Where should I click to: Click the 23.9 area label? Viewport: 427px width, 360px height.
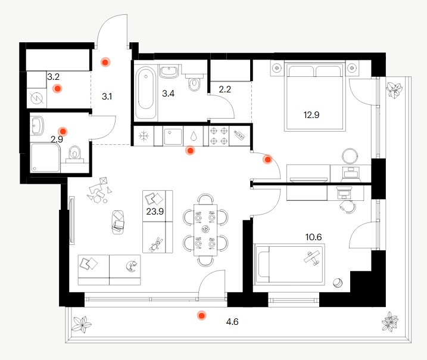point(155,211)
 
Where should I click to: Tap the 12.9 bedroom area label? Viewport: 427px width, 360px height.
point(311,114)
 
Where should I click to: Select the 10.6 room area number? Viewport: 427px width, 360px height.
point(313,237)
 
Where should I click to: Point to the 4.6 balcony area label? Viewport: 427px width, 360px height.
point(232,322)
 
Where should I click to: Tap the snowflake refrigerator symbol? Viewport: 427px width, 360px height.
point(144,135)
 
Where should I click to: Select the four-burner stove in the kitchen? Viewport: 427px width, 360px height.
point(219,136)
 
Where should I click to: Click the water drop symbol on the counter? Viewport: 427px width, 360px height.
point(193,135)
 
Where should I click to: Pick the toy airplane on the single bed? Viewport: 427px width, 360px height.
point(312,258)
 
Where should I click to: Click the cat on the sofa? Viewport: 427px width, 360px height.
point(132,266)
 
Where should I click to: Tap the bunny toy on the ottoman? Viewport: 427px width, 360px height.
point(155,244)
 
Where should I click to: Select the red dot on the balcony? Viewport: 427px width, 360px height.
point(201,315)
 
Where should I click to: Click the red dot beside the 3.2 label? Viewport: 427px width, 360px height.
point(57,89)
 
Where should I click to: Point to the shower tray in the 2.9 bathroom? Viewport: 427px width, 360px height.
point(45,158)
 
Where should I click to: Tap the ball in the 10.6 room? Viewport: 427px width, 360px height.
point(338,283)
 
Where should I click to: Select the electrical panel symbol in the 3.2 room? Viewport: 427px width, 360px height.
point(38,98)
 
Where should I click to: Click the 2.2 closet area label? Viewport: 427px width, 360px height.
point(225,89)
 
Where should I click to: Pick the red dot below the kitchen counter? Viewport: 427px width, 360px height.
point(190,150)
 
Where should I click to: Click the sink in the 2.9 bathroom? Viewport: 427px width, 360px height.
point(38,126)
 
